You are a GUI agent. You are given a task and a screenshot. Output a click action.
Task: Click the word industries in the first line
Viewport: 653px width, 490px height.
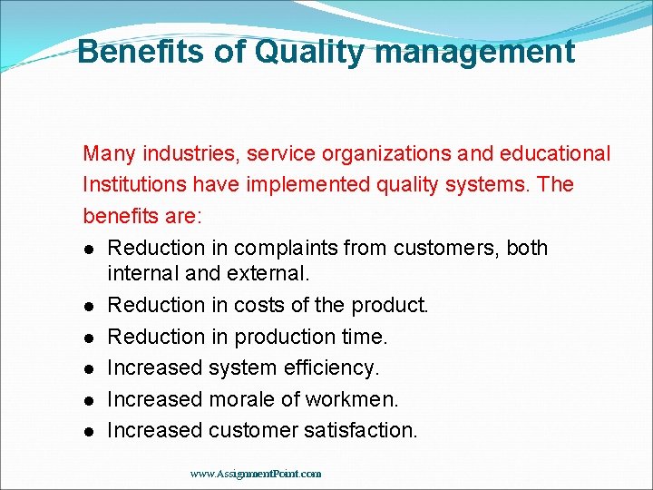point(183,154)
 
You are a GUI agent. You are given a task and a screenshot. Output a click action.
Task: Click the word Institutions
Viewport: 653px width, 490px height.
point(133,185)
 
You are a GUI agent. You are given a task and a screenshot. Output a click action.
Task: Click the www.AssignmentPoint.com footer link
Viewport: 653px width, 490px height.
point(256,474)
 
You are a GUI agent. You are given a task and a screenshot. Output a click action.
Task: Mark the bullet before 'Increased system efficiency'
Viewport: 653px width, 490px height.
point(91,369)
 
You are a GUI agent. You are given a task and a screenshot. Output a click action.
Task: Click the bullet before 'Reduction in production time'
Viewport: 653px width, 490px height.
point(91,338)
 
